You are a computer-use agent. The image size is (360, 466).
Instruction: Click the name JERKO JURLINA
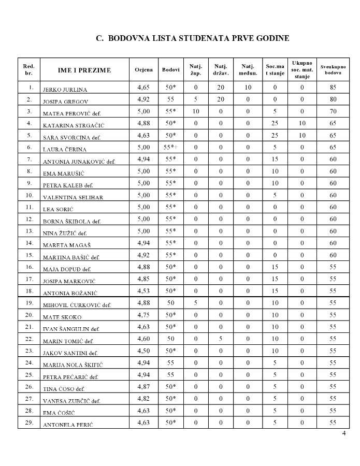(x=65, y=90)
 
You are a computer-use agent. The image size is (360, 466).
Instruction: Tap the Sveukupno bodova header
(x=333, y=70)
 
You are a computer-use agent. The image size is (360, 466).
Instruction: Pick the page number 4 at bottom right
(x=343, y=433)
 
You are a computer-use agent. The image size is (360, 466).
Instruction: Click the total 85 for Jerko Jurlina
(x=333, y=88)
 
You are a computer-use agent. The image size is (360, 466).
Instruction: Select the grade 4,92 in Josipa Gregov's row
(x=143, y=99)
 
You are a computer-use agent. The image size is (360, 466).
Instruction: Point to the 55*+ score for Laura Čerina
(x=170, y=147)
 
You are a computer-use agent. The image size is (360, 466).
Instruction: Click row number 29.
(x=30, y=423)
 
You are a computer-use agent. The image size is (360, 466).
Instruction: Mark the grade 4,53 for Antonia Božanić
(x=143, y=291)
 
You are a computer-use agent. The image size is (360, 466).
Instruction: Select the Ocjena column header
(x=143, y=70)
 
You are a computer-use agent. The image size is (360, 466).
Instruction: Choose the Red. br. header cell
(x=30, y=70)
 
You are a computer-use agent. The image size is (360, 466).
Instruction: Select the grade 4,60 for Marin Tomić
(x=143, y=339)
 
